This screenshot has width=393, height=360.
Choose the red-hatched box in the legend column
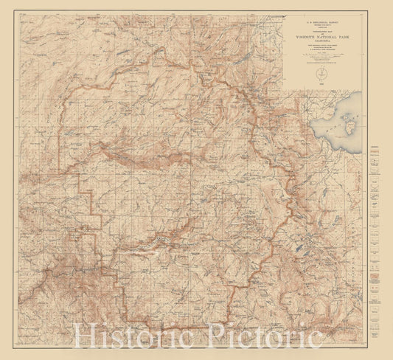pos(377,279)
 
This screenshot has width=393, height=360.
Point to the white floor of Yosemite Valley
pos(159,237)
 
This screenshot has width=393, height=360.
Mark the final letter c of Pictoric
pos(316,339)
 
